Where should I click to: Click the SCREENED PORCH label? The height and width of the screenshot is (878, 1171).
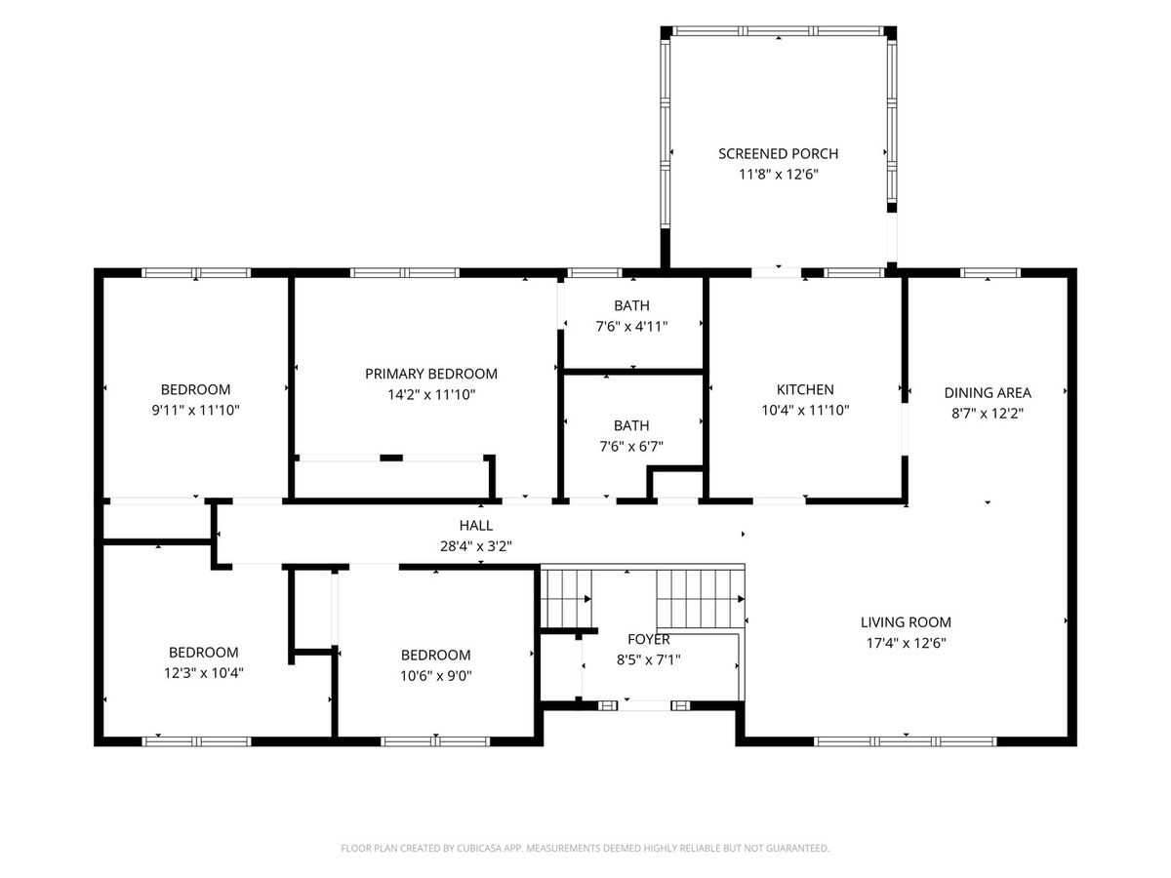pyautogui.click(x=778, y=153)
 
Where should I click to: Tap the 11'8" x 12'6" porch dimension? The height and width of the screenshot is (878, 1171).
pyautogui.click(x=778, y=175)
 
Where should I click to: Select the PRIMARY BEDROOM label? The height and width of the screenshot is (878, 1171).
pyautogui.click(x=431, y=374)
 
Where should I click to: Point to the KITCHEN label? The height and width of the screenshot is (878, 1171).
pyautogui.click(x=805, y=389)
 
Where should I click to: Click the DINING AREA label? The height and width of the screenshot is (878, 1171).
pyautogui.click(x=988, y=393)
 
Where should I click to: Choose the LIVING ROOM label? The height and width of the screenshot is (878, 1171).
pyautogui.click(x=906, y=622)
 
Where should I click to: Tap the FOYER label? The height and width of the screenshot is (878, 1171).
pyautogui.click(x=649, y=639)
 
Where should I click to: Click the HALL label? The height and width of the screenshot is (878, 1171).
pyautogui.click(x=476, y=526)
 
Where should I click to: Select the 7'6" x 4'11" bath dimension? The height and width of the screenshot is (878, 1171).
pyautogui.click(x=631, y=326)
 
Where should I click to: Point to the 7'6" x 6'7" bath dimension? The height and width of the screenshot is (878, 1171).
pyautogui.click(x=631, y=446)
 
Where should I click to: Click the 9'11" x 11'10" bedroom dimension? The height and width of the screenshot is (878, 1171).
pyautogui.click(x=196, y=410)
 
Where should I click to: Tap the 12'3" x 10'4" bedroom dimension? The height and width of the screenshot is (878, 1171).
pyautogui.click(x=203, y=673)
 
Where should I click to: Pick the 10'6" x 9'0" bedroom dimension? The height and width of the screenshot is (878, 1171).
pyautogui.click(x=436, y=675)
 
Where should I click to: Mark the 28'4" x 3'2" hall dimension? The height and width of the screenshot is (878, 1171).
pyautogui.click(x=476, y=546)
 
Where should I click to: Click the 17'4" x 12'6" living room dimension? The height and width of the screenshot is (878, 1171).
pyautogui.click(x=906, y=642)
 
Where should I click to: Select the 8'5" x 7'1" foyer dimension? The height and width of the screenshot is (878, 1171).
pyautogui.click(x=649, y=659)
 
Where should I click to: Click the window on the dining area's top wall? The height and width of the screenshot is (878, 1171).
pyautogui.click(x=990, y=272)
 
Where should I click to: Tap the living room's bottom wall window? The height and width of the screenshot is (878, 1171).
pyautogui.click(x=906, y=741)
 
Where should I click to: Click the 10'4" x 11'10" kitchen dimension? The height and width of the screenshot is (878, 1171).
pyautogui.click(x=805, y=410)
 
